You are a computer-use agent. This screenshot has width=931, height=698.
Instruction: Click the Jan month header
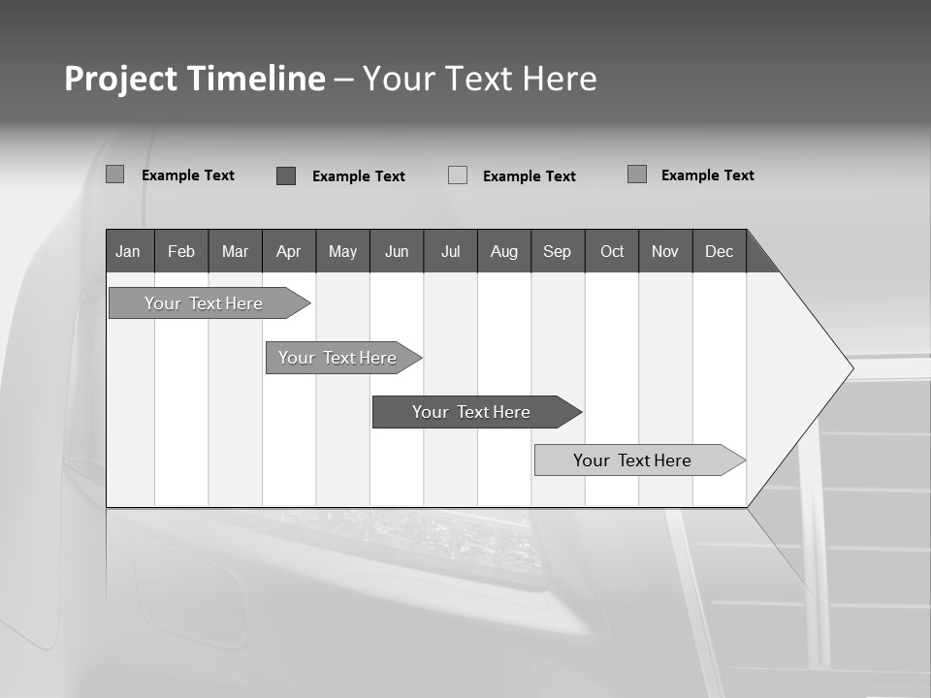pos(129,251)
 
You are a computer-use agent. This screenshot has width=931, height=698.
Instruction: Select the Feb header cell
pos(181,251)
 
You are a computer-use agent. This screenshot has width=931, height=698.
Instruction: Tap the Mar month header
pos(235,251)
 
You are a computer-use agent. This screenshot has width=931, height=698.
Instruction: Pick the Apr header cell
pos(289,251)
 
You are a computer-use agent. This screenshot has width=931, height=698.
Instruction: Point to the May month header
pos(342,251)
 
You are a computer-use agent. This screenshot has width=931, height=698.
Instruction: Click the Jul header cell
pos(450,251)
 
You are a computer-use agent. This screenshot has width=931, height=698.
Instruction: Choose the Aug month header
pos(504,251)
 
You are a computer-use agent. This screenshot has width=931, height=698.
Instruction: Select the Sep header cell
pos(558,251)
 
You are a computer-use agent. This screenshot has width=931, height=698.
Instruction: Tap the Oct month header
pos(612,251)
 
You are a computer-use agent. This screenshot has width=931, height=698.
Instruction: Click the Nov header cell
pos(665,251)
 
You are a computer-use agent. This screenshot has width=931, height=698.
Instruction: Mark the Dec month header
pos(720,251)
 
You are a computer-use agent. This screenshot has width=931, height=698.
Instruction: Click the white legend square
pos(458,175)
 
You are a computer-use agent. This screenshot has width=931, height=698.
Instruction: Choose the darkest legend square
pos(286,175)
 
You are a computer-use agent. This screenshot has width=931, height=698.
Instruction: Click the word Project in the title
pos(119,79)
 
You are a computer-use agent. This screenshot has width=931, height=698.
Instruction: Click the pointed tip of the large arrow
pos(850,367)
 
